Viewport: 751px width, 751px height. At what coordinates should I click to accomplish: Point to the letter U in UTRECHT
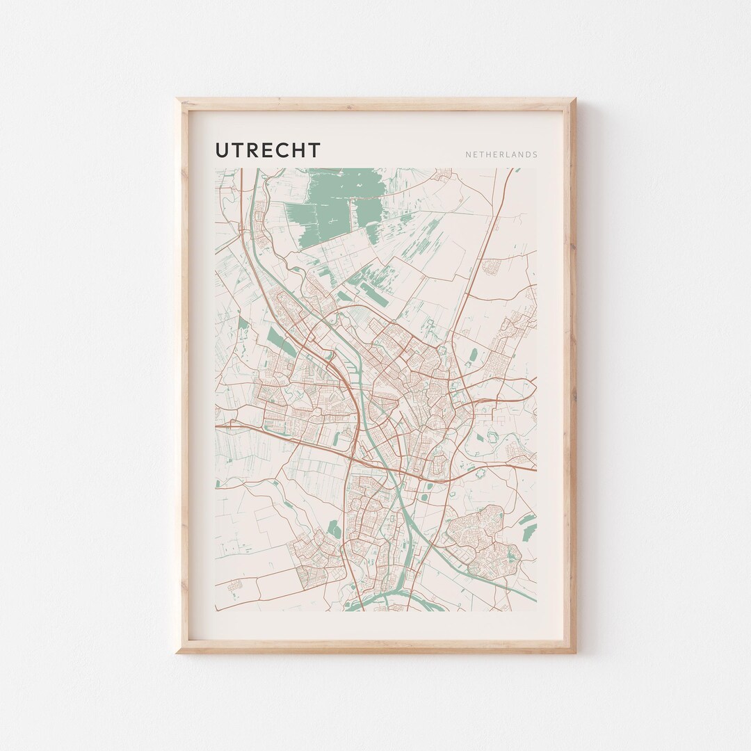coord(223,150)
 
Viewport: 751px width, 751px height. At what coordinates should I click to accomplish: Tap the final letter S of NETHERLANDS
coord(535,155)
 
